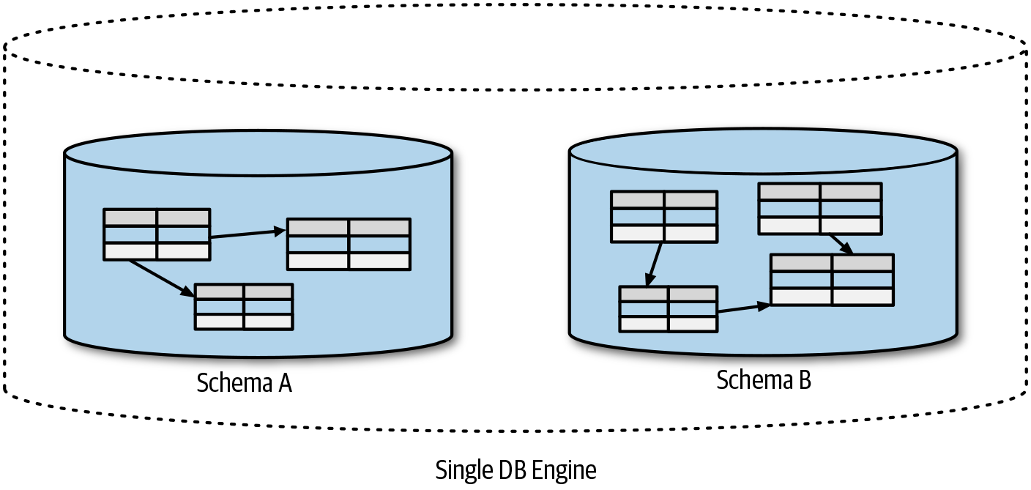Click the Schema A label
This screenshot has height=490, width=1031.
coord(245,383)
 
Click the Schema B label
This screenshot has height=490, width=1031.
coord(764,380)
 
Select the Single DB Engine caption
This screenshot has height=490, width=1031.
coord(515,469)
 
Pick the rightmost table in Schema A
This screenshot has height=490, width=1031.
coord(348,244)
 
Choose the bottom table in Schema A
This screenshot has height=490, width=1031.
coord(244,306)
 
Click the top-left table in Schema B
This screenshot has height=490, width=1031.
coord(664,216)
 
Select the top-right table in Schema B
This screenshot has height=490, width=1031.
coord(819,209)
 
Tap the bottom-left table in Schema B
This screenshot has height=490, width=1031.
coord(668,308)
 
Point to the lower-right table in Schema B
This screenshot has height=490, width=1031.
coord(832,279)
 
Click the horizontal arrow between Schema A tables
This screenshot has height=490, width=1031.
coord(247,234)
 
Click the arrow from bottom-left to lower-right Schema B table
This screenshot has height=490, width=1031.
coord(743,308)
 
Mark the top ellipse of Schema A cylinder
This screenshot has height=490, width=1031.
coord(258,154)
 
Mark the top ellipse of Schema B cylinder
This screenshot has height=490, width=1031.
coord(763,152)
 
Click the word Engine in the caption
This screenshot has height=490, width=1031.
coord(566,470)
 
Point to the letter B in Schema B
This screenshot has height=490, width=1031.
coord(805,380)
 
